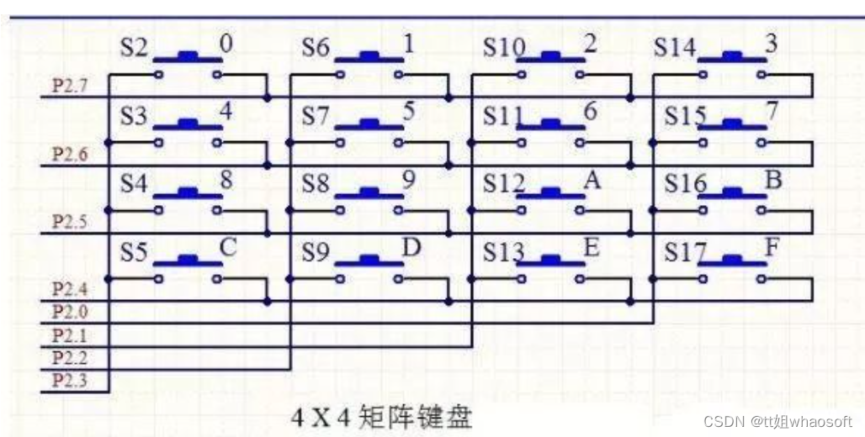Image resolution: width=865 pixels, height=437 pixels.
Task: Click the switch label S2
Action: (x=135, y=49)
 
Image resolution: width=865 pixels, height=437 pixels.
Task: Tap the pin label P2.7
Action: (x=70, y=87)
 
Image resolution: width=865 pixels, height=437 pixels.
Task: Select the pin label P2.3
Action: (x=70, y=381)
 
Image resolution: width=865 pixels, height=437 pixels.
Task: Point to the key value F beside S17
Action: (x=772, y=249)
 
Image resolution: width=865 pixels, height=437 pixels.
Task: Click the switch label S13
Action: (x=503, y=252)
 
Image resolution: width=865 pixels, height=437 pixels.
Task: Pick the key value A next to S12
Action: (x=592, y=181)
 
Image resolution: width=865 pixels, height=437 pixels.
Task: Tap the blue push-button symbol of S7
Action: (x=369, y=125)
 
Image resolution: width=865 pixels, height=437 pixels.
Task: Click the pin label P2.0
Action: (x=70, y=312)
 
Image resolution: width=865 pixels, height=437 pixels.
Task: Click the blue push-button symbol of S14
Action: (x=732, y=57)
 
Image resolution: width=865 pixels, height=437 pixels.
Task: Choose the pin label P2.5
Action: (x=70, y=222)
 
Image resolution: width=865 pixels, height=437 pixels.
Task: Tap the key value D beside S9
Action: (x=411, y=249)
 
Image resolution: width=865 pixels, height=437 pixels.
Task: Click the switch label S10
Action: (x=503, y=49)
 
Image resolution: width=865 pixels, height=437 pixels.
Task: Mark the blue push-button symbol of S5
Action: (x=188, y=261)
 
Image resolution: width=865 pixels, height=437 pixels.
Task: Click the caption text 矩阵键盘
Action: (x=415, y=418)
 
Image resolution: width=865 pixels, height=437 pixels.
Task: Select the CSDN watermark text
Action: (x=777, y=422)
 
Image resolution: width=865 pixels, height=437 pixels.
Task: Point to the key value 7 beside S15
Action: (x=772, y=113)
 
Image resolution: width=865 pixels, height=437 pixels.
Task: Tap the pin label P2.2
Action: (x=70, y=358)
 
